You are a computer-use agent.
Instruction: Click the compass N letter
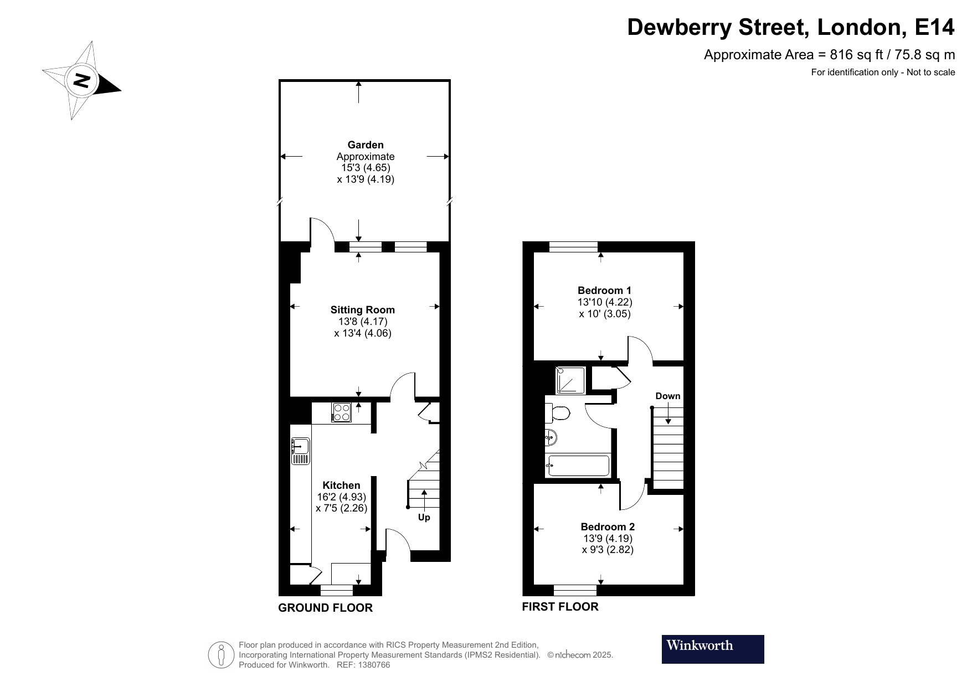tap(82, 81)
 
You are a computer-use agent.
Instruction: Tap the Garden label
tap(366, 145)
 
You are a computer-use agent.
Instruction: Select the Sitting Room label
tap(362, 310)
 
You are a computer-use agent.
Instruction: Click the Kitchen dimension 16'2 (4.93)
tap(341, 497)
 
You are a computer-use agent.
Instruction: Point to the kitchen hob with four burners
tap(342, 412)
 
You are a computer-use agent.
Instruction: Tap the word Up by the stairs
tap(424, 518)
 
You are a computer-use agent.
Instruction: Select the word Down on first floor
tap(667, 396)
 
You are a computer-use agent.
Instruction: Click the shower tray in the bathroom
tap(570, 380)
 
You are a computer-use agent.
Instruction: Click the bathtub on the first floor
tap(578, 466)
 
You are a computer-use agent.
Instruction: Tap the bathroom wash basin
tap(551, 438)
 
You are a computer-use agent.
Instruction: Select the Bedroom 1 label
tap(604, 291)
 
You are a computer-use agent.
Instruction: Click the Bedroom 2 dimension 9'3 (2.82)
tap(608, 550)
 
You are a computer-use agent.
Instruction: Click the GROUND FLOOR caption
tap(325, 608)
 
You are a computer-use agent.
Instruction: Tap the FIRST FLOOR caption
tap(560, 607)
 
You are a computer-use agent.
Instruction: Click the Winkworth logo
tap(712, 649)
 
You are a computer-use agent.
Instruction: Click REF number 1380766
tap(376, 665)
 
